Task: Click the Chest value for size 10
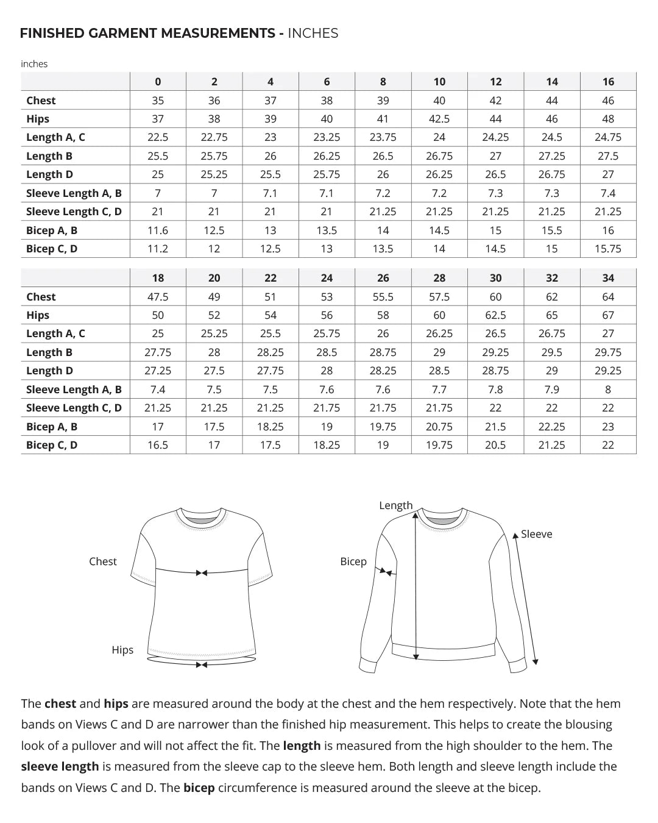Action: [x=439, y=101]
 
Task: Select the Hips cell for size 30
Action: [x=495, y=315]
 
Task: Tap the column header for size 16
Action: [x=608, y=82]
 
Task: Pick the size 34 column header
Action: [x=608, y=278]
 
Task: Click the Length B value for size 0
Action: [x=158, y=156]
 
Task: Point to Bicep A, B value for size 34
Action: [x=608, y=427]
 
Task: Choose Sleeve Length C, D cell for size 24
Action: [x=327, y=408]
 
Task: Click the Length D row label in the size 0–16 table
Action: [x=49, y=174]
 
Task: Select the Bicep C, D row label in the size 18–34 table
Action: [x=52, y=445]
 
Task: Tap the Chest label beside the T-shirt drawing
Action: [x=102, y=561]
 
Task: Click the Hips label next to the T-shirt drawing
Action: [x=122, y=650]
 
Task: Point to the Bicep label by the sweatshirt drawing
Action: [x=353, y=561]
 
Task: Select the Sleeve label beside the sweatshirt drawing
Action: [x=536, y=534]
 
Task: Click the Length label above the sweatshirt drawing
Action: [x=395, y=505]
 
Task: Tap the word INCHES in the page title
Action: [x=313, y=34]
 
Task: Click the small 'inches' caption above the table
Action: [x=34, y=64]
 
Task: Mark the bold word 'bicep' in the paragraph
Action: [x=199, y=788]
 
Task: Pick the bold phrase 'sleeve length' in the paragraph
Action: [x=60, y=766]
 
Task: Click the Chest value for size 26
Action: [x=383, y=297]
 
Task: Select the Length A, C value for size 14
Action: [x=551, y=137]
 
